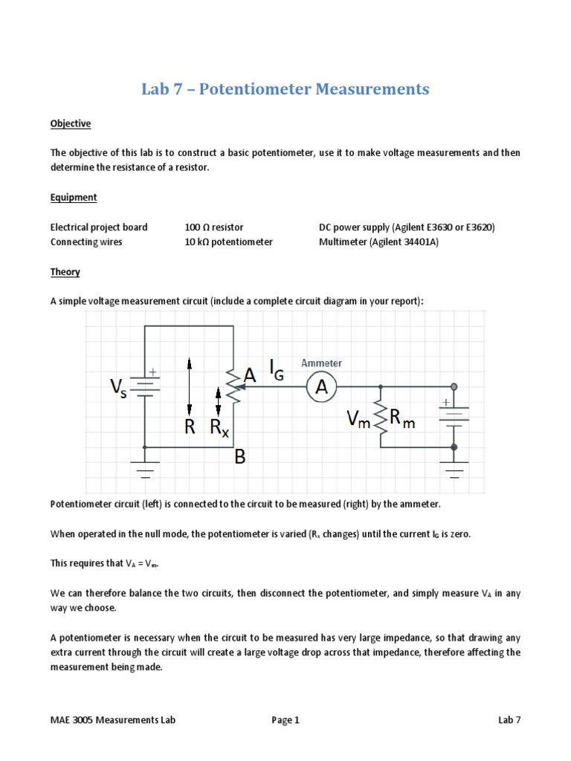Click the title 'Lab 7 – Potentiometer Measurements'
(285, 90)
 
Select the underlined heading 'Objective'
(71, 123)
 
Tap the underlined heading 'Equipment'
(74, 197)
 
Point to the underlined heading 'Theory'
(65, 272)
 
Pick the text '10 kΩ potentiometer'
(229, 242)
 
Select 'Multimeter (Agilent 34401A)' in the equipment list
(378, 242)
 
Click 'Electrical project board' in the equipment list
(99, 227)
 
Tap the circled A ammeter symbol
(322, 386)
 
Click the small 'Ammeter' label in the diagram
(321, 363)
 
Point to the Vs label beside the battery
(119, 387)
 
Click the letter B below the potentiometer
(239, 457)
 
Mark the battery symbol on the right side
(454, 415)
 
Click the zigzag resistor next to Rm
(381, 419)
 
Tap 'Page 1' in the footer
(285, 719)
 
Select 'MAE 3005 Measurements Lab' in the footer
(113, 719)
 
